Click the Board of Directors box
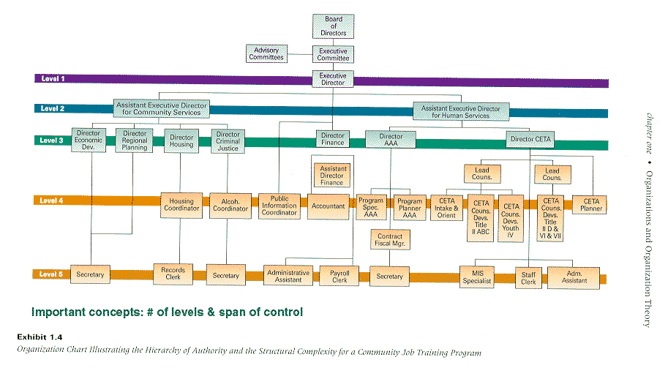pyautogui.click(x=333, y=26)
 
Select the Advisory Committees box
pyautogui.click(x=267, y=53)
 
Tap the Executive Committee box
pyautogui.click(x=333, y=55)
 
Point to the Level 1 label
pyautogui.click(x=53, y=78)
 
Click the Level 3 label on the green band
pyautogui.click(x=51, y=140)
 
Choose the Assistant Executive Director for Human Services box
pyautogui.click(x=461, y=112)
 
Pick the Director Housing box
pyautogui.click(x=181, y=141)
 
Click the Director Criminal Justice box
pyautogui.click(x=228, y=141)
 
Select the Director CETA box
pyautogui.click(x=530, y=139)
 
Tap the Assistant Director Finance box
pyautogui.click(x=332, y=176)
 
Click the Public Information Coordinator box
pyautogui.click(x=279, y=206)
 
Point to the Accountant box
pyautogui.click(x=328, y=206)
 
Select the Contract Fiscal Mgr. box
pyautogui.click(x=390, y=240)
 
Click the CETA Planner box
pyautogui.click(x=590, y=205)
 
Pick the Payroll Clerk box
pyautogui.click(x=339, y=276)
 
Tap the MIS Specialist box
pyautogui.click(x=477, y=277)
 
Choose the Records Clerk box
pyautogui.click(x=173, y=274)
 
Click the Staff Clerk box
pyautogui.click(x=529, y=278)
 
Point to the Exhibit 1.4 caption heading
pyautogui.click(x=40, y=337)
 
